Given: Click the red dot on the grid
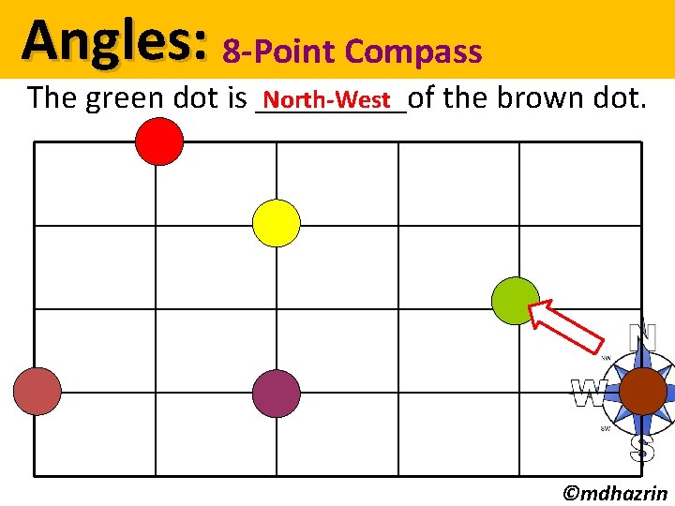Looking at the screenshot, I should point(159,141).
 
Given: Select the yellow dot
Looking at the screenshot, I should point(277,223).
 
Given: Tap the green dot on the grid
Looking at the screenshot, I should point(516,300).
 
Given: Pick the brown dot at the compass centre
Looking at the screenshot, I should point(643,392).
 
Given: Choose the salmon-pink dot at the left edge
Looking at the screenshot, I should point(37,391).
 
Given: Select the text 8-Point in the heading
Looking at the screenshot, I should point(263,52).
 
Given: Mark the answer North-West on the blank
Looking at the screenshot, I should point(326,98).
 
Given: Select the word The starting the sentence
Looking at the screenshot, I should point(52,97).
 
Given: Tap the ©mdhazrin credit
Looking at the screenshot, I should point(614,493).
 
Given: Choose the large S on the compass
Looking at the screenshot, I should point(642,448).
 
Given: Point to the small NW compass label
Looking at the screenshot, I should point(607,357).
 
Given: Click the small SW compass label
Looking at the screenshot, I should point(607,428).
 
